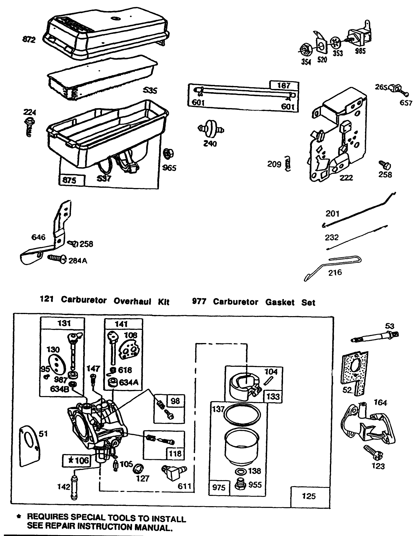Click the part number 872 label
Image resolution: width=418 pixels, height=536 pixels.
(29, 39)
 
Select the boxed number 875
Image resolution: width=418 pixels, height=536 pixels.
(70, 180)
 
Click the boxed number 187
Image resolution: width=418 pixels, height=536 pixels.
(284, 85)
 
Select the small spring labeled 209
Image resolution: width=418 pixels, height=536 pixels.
(287, 164)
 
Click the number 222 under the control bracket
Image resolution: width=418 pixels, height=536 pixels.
(346, 178)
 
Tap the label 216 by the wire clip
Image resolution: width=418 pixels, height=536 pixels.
(335, 272)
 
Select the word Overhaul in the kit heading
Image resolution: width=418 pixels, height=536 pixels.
(132, 301)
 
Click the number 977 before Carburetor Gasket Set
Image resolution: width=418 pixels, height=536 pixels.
(199, 301)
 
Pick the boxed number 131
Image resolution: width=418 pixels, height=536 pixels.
(64, 323)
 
